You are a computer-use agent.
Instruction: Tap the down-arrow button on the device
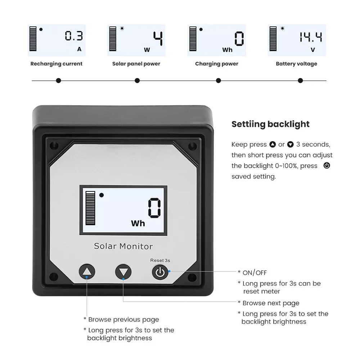[123, 272]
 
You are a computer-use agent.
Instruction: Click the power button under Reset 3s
[160, 272]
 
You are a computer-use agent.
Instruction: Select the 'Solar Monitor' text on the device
[123, 246]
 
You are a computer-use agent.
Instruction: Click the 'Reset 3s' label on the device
[160, 260]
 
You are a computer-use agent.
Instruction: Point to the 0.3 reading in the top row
[74, 36]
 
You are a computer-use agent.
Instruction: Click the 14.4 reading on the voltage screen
[311, 37]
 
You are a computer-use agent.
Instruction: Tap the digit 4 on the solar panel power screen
[158, 39]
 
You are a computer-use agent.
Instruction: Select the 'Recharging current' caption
[56, 64]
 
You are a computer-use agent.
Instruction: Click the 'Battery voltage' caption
[296, 64]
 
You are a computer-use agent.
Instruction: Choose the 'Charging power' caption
[216, 64]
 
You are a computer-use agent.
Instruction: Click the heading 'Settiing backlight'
[270, 124]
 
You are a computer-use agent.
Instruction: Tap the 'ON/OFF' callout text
[255, 273]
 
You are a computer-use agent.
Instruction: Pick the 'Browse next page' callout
[271, 303]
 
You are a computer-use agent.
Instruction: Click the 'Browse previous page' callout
[123, 319]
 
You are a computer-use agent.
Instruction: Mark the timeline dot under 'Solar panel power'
[137, 81]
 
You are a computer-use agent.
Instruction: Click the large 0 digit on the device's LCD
[154, 208]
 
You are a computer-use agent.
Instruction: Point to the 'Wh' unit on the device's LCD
[138, 224]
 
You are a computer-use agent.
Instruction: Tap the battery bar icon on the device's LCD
[90, 208]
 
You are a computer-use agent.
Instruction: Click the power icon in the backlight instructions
[327, 166]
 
